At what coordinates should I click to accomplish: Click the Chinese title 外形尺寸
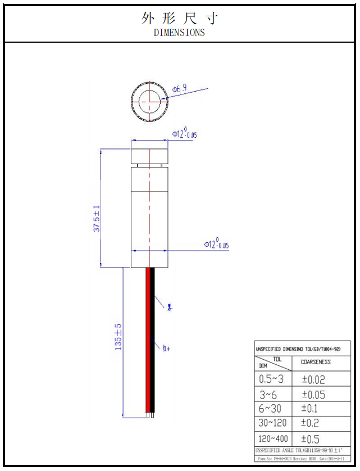tap(179, 18)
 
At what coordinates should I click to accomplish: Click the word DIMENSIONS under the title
tap(179, 33)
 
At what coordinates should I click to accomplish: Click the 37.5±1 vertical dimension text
tap(97, 219)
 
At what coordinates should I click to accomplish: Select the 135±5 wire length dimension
tap(119, 337)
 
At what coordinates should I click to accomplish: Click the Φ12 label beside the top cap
tap(185, 134)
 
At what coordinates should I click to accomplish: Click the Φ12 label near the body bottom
tap(216, 244)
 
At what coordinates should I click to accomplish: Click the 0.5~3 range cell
tap(271, 379)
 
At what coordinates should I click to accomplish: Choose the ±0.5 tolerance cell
tap(312, 439)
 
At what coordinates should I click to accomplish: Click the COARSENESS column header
tap(316, 363)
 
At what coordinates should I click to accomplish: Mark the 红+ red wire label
tap(166, 348)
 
